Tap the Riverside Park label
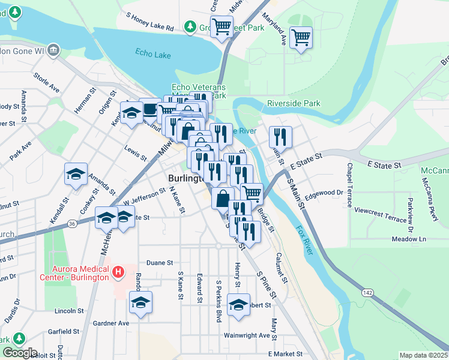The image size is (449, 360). (294, 103)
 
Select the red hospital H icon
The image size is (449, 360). (118, 272)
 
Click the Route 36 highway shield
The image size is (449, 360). (72, 224)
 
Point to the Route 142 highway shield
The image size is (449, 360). (366, 293)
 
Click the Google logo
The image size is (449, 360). (20, 353)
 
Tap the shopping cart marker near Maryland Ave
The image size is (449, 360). (301, 38)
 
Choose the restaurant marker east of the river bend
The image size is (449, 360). (280, 137)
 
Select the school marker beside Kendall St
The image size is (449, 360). (76, 175)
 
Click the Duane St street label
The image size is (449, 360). (160, 263)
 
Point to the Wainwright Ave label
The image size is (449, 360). (247, 335)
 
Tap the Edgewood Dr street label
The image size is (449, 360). (324, 193)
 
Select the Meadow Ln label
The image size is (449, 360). (408, 239)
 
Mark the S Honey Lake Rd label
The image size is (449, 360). (149, 28)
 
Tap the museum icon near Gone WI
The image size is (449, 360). (54, 49)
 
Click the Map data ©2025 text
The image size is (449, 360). (423, 355)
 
